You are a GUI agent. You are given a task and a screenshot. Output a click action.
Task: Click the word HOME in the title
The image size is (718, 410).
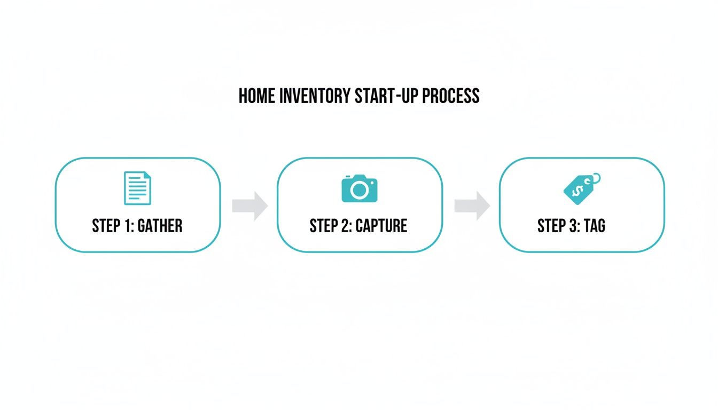tap(256, 96)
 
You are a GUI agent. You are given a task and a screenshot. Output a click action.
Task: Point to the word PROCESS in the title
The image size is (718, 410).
tap(450, 96)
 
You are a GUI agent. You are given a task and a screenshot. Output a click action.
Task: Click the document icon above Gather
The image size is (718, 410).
tap(137, 188)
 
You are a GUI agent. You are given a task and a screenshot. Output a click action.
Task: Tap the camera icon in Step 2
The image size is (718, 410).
tap(359, 188)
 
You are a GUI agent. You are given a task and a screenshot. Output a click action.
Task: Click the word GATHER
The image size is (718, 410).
tap(160, 226)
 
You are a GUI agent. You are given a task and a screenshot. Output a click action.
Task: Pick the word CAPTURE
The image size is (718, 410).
tap(381, 226)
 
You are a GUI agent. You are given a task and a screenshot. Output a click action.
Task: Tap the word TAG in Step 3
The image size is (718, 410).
tap(594, 226)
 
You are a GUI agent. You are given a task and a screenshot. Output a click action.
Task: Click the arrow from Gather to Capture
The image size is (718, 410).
tap(250, 206)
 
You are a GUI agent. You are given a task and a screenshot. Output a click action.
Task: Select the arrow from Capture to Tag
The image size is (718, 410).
tap(472, 206)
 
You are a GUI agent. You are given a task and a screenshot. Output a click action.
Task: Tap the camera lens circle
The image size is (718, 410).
tap(359, 190)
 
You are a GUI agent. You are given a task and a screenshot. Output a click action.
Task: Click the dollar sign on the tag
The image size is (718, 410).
tap(577, 191)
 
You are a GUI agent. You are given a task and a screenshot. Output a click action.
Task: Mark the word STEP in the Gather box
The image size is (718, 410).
tap(106, 226)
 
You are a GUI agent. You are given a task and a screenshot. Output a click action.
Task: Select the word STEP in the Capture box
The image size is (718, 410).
tap(323, 226)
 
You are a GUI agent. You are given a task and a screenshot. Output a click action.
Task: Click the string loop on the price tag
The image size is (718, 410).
tap(595, 177)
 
